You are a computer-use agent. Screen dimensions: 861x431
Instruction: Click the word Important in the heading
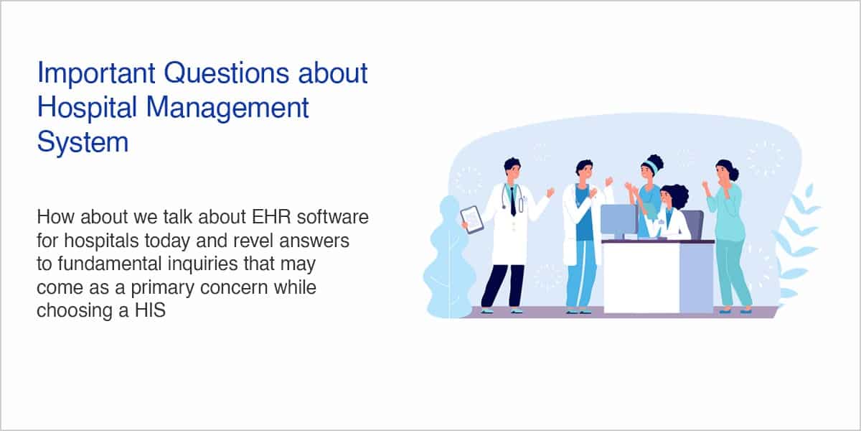tap(96, 74)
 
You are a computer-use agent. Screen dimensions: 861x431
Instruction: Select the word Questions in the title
tap(227, 73)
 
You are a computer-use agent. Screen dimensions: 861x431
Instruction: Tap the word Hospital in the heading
tap(87, 108)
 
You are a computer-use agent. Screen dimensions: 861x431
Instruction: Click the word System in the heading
tap(83, 142)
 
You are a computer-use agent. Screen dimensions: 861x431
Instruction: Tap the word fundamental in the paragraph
tap(110, 264)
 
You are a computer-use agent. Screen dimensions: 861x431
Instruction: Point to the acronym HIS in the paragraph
tap(150, 310)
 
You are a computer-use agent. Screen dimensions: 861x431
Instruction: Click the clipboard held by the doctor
tap(472, 220)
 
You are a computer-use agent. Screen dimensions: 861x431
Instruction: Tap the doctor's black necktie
tap(513, 202)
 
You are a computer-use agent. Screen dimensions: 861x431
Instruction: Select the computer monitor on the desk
tap(619, 221)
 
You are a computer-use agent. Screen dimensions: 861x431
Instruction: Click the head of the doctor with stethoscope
tap(512, 170)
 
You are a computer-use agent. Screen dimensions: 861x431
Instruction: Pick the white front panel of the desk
tap(641, 278)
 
